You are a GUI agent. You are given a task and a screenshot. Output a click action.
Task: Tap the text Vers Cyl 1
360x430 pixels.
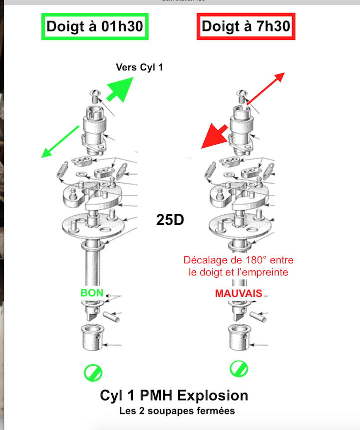[x=139, y=67]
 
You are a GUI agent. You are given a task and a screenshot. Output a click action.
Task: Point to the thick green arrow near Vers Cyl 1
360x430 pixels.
[x=120, y=89]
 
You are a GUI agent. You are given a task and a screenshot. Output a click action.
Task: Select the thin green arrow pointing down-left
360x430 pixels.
[x=60, y=142]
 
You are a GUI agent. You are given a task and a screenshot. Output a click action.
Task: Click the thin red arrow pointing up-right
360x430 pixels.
[x=266, y=89]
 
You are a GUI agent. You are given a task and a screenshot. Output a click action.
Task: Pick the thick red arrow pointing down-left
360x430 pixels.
[x=215, y=136]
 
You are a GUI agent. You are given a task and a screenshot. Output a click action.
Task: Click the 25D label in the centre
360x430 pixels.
[x=170, y=219]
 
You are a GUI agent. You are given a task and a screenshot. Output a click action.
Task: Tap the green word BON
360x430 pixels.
[x=92, y=293]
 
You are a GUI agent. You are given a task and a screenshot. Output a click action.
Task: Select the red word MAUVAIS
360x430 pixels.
[x=239, y=293]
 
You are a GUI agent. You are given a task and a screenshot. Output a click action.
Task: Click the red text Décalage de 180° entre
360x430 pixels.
[x=239, y=260]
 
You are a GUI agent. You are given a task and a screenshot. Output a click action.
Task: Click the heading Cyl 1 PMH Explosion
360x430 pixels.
[x=174, y=396]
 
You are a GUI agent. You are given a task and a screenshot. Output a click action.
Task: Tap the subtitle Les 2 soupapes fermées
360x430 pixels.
[x=177, y=411]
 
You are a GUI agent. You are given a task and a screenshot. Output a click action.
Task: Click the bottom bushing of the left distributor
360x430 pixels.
[x=93, y=337]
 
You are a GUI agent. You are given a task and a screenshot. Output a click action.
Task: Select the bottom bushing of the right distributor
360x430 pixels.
[x=240, y=337]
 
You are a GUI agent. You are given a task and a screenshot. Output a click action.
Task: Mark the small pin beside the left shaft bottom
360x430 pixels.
[x=111, y=316]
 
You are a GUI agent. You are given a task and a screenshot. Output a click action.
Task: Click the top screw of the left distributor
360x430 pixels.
[x=95, y=96]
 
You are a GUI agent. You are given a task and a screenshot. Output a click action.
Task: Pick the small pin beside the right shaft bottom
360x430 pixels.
[x=258, y=316]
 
